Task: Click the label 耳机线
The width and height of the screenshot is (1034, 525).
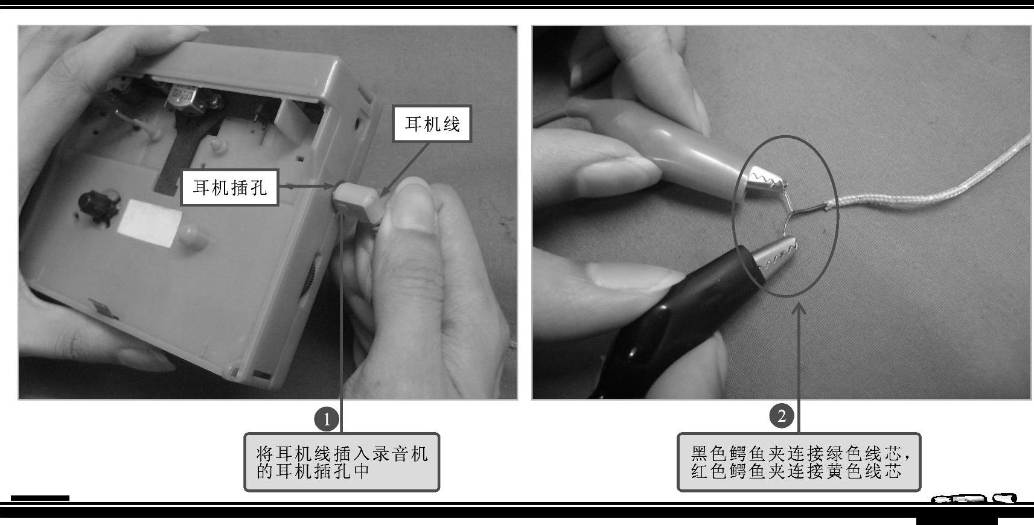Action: coord(432,124)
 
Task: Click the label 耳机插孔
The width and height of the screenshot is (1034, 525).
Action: coord(230,187)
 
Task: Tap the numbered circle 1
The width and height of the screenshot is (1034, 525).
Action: coord(327,419)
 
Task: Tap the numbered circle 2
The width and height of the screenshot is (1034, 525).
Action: coord(782,416)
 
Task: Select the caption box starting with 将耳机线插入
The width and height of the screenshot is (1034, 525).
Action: coord(342,462)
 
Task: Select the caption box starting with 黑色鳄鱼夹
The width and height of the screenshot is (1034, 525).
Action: coord(799,462)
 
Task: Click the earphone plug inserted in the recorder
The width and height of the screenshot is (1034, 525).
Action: coord(358,203)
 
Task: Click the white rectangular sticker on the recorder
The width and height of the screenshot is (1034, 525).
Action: coord(148,222)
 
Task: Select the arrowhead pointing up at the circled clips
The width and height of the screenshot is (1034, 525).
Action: coord(799,308)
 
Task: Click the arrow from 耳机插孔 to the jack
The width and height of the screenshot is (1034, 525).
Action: coord(306,186)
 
